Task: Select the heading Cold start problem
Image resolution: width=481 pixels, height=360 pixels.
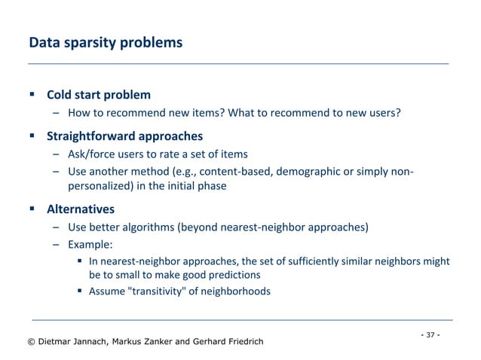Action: coord(98,95)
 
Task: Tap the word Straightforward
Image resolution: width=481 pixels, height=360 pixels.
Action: coord(89,136)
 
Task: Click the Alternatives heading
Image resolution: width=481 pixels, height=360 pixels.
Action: coord(81,206)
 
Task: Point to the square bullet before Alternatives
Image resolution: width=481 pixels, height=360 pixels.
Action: coord(32,206)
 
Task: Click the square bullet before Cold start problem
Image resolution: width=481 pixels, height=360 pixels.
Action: coord(32,95)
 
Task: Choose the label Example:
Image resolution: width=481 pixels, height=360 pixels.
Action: coord(90,244)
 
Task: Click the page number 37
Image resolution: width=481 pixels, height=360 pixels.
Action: coord(430,334)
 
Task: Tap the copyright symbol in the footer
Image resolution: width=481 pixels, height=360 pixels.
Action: coord(32,342)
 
